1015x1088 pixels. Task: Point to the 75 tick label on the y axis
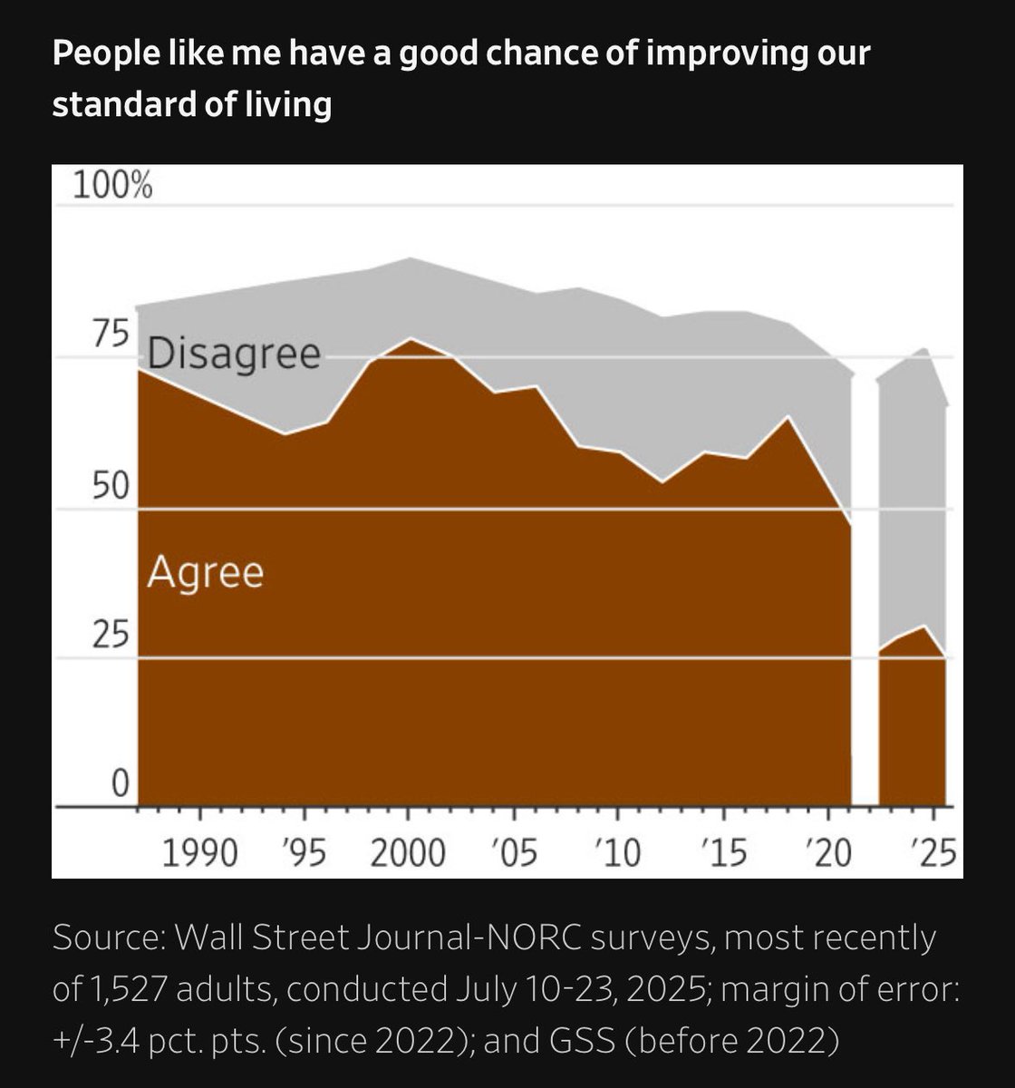(x=111, y=335)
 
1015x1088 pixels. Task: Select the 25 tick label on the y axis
(x=111, y=636)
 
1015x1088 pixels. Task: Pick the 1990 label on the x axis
(x=199, y=853)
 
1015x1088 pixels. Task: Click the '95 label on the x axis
(x=304, y=853)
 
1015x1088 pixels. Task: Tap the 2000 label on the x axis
(x=408, y=853)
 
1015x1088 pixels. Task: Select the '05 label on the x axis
(x=513, y=853)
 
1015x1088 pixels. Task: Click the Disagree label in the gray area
(x=234, y=355)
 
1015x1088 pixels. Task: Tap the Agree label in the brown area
(x=206, y=573)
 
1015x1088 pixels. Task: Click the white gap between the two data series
(x=865, y=589)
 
